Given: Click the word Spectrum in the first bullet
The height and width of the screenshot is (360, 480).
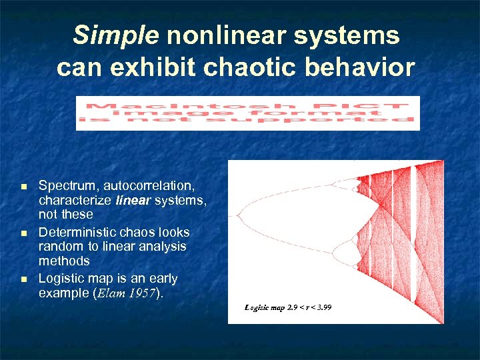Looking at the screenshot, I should coord(66,185).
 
